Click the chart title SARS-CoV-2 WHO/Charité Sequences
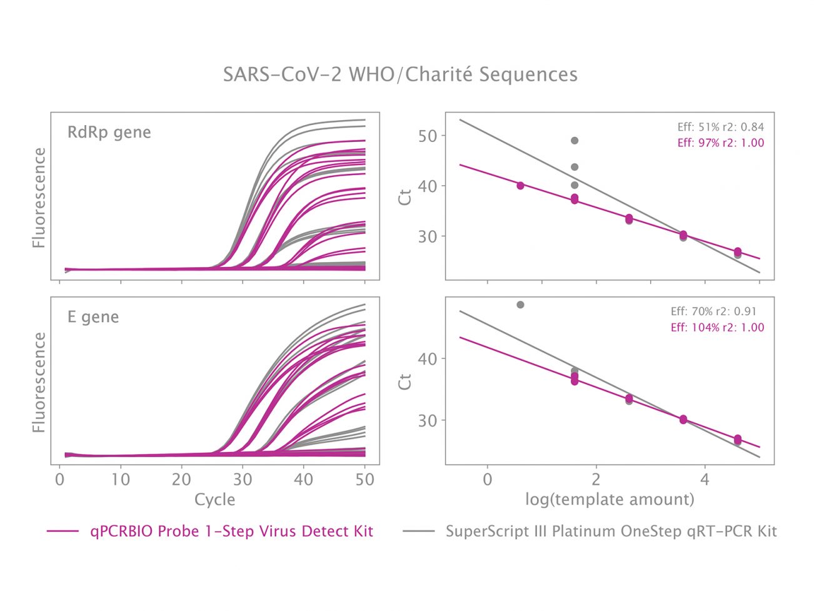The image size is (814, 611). coord(400,74)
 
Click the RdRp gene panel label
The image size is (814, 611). coord(109,133)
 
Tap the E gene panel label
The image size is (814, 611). coord(93,317)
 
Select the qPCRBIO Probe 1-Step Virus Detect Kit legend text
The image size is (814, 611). coord(231,532)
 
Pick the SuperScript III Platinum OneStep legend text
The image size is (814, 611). coord(611,532)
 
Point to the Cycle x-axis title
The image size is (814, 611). coord(214,500)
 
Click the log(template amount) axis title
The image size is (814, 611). coord(610,500)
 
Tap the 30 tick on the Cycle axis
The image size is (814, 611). coord(243,480)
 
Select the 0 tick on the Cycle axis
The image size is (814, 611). coord(60,480)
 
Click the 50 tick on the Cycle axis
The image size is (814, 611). coord(364,480)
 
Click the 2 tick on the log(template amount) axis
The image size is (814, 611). coord(596,480)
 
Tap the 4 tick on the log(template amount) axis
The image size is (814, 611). coord(705,480)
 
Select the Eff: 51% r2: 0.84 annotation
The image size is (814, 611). coord(720,127)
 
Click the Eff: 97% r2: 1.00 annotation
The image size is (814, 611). coord(720,143)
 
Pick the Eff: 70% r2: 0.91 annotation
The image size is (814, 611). coord(717,311)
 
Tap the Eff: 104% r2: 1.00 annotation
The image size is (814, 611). coord(717,327)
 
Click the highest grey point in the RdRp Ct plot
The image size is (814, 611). coord(575,141)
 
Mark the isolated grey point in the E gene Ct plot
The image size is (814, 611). coord(520,305)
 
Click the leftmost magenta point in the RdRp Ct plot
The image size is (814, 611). coord(520,186)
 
